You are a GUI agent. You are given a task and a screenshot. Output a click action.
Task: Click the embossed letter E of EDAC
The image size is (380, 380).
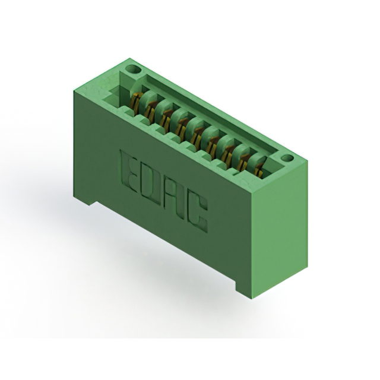click(131, 170)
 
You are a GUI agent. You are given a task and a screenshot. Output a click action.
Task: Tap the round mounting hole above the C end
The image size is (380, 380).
click(287, 159)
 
